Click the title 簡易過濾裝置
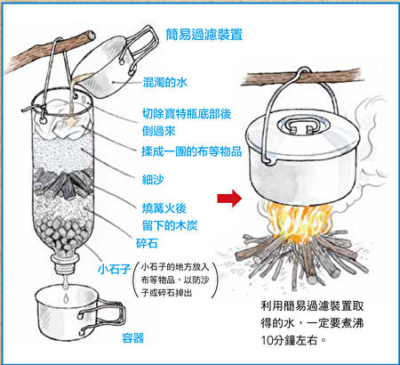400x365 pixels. tap(204, 35)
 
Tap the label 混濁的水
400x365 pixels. tap(164, 82)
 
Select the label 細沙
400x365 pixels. tap(153, 180)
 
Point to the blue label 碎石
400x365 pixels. tap(147, 243)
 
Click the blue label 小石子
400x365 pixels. tap(115, 269)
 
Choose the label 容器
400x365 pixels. tap(133, 338)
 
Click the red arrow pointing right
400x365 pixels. tap(229, 199)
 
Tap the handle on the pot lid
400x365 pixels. tap(301, 126)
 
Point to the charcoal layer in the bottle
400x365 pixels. tap(63, 183)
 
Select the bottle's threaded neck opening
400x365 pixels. tap(65, 264)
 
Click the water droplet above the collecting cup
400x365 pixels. tap(66, 297)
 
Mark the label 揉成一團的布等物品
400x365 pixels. tap(191, 151)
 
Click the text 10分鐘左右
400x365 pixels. tap(289, 340)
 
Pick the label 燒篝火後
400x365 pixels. tap(164, 208)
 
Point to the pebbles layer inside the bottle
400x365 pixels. tap(64, 234)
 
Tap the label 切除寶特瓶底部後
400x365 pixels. tap(187, 114)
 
